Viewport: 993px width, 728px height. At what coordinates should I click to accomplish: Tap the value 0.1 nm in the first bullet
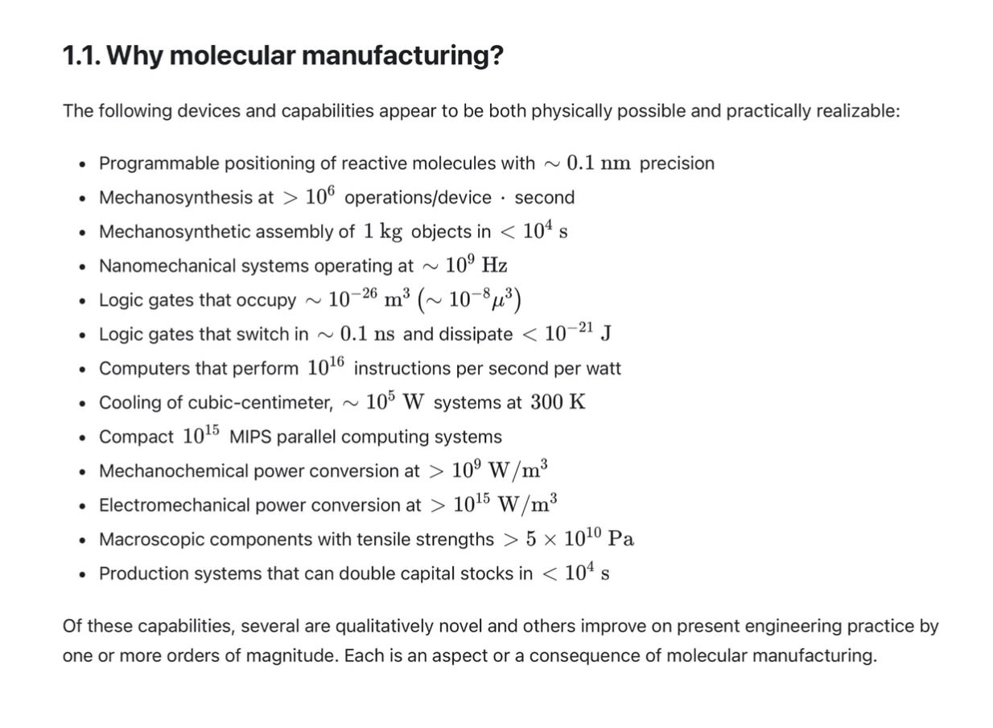pyautogui.click(x=599, y=163)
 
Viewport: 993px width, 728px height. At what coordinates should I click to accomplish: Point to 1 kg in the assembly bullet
pyautogui.click(x=382, y=232)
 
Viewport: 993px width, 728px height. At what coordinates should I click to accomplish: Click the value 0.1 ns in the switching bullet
pyautogui.click(x=367, y=335)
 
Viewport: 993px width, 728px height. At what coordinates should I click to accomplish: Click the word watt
pyautogui.click(x=604, y=368)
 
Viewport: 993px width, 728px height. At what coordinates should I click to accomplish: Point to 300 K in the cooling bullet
pyautogui.click(x=558, y=402)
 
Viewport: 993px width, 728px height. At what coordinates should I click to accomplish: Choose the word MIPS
pyautogui.click(x=249, y=437)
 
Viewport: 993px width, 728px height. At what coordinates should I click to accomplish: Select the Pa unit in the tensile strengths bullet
pyautogui.click(x=621, y=539)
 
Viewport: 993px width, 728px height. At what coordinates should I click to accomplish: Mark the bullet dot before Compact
pyautogui.click(x=82, y=438)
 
